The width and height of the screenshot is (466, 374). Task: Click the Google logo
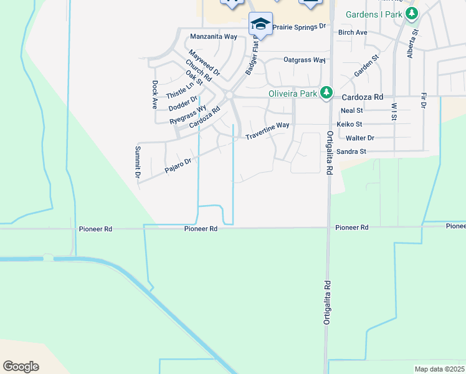pos(21,367)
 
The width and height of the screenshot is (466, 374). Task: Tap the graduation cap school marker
pos(260,24)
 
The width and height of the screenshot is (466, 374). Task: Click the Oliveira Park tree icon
pos(325,93)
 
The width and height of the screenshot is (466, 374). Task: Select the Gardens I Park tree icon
pos(411,14)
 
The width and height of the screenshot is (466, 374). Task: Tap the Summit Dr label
pos(138,162)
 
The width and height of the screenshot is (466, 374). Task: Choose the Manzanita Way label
pos(213,37)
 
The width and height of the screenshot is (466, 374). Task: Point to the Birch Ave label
pos(353,32)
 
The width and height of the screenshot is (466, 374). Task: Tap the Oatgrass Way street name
pos(305,60)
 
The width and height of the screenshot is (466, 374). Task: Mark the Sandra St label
pos(351,151)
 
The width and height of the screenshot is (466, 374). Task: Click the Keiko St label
pos(349,125)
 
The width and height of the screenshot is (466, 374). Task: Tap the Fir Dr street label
pos(424,101)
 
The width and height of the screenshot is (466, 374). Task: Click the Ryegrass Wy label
pos(188,115)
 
